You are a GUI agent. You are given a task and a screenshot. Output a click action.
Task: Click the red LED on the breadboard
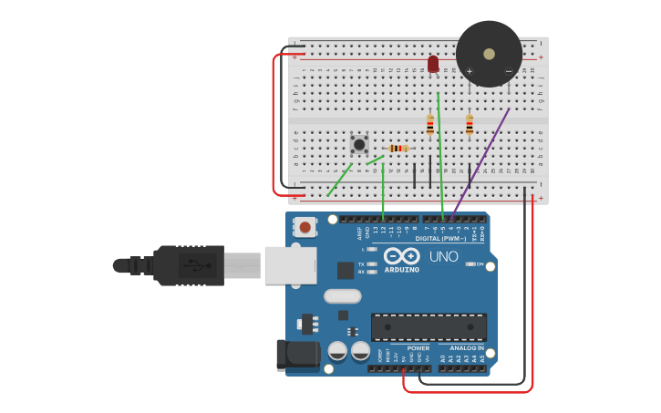click(433, 64)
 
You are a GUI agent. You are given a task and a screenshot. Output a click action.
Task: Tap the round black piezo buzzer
click(490, 53)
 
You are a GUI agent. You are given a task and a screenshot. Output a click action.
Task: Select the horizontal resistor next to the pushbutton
click(398, 149)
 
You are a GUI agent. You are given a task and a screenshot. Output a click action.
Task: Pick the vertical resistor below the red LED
click(430, 124)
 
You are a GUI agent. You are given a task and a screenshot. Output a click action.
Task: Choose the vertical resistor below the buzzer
click(470, 124)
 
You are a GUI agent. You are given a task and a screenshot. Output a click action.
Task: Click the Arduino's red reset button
click(305, 226)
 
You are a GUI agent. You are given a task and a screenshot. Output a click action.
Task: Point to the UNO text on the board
click(444, 257)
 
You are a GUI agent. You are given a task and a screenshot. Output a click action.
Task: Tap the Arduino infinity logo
click(401, 256)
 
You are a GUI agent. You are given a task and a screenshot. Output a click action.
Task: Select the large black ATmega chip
click(429, 327)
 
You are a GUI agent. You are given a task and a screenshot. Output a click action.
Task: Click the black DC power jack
click(296, 356)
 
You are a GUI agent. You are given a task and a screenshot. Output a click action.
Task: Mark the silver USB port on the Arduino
click(290, 265)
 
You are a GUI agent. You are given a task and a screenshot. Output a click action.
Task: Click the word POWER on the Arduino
click(418, 348)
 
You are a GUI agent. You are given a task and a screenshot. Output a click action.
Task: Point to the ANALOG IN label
click(468, 348)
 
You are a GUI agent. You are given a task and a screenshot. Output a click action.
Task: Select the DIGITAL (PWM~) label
click(440, 238)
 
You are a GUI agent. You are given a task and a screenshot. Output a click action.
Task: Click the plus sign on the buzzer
click(470, 71)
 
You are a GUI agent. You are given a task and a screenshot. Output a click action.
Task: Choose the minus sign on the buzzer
click(509, 71)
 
